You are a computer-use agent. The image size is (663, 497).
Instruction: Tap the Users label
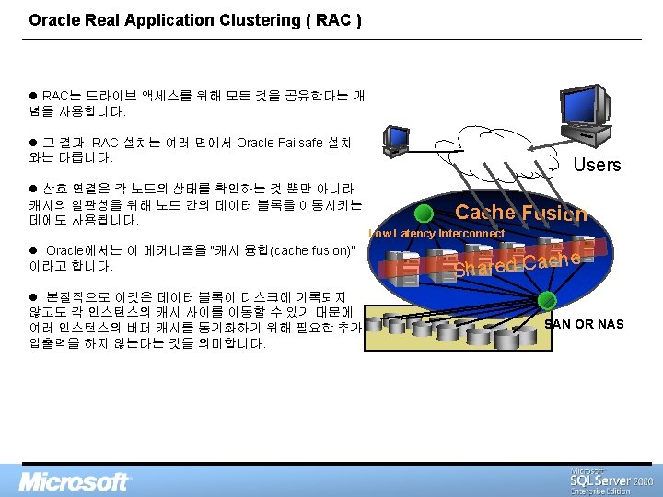click(597, 165)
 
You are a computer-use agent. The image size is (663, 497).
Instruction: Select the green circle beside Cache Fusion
click(423, 214)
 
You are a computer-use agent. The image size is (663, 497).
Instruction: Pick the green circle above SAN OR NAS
click(547, 299)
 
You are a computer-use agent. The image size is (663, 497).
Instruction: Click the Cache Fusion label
click(520, 213)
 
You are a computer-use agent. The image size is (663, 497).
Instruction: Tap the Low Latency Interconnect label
click(436, 234)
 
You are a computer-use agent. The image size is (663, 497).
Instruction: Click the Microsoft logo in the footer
click(76, 481)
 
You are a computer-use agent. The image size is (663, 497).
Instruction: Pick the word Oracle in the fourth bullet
click(67, 250)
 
